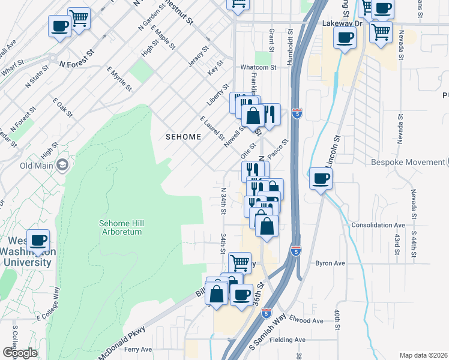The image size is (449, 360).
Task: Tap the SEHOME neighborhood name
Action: pyautogui.click(x=183, y=137)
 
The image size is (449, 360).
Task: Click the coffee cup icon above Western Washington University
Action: pyautogui.click(x=38, y=240)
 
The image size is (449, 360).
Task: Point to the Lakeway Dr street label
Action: pyautogui.click(x=343, y=23)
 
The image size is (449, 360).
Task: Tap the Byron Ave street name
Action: pyautogui.click(x=330, y=263)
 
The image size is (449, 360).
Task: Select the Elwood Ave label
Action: pyautogui.click(x=306, y=320)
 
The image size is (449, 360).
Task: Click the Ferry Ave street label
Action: pyautogui.click(x=138, y=349)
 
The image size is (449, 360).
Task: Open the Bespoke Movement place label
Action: pyautogui.click(x=414, y=163)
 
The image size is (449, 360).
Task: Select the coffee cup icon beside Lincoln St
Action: pyautogui.click(x=321, y=178)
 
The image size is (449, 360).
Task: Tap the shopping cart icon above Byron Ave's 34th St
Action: pyautogui.click(x=240, y=262)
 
